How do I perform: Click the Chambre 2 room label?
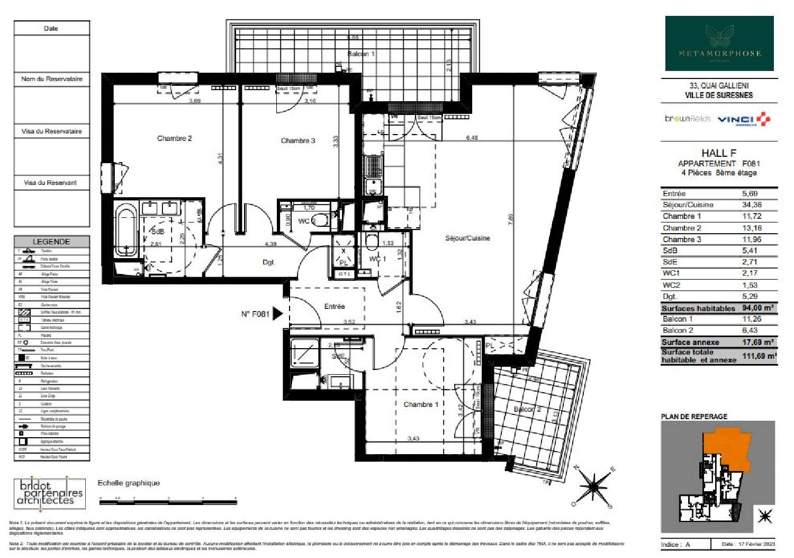pyautogui.click(x=174, y=138)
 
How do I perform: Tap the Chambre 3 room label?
pyautogui.click(x=297, y=140)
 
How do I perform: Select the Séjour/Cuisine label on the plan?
pyautogui.click(x=467, y=238)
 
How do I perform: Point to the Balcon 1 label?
pyautogui.click(x=360, y=54)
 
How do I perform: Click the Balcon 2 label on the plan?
pyautogui.click(x=527, y=409)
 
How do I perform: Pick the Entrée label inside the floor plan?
pyautogui.click(x=334, y=306)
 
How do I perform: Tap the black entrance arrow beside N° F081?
pyautogui.click(x=277, y=314)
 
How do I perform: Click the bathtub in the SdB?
pyautogui.click(x=125, y=232)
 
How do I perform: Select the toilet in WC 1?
pyautogui.click(x=372, y=242)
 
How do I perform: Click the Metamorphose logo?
pyautogui.click(x=719, y=43)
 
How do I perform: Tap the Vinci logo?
pyautogui.click(x=743, y=119)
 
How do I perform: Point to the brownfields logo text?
pyautogui.click(x=688, y=119)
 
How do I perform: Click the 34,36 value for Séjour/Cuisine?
pyautogui.click(x=752, y=205)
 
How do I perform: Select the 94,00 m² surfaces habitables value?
pyautogui.click(x=757, y=308)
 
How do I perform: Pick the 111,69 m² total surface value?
pyautogui.click(x=759, y=356)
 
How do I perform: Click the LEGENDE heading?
pyautogui.click(x=51, y=242)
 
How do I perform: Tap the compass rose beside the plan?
pyautogui.click(x=593, y=485)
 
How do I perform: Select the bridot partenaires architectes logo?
pyautogui.click(x=49, y=493)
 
